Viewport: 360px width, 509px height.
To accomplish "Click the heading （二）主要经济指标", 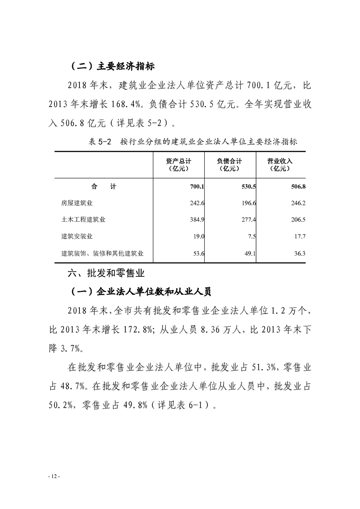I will click(113, 66).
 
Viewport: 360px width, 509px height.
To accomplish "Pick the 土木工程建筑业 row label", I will click(84, 220).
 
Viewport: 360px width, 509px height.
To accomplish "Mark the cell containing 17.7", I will click(299, 236).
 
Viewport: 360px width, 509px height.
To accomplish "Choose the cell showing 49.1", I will click(249, 253).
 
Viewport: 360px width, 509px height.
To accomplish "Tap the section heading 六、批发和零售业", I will click(105, 274).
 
